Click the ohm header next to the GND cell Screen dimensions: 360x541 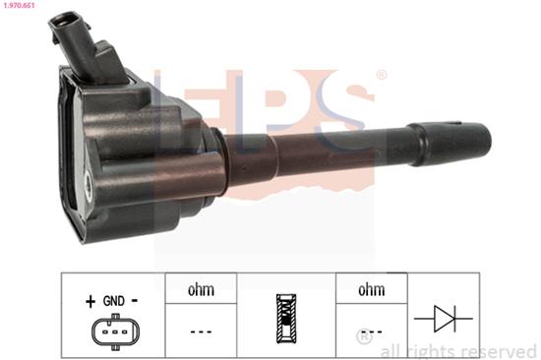201,290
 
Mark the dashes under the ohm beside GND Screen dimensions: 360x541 201,331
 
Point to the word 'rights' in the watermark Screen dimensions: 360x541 430,350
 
